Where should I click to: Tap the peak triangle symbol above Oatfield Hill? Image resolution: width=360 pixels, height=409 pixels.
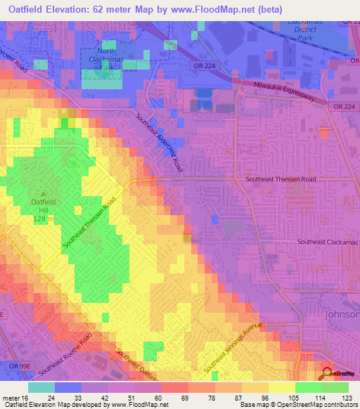(x=44, y=195)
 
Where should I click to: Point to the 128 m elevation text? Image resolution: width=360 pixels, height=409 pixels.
(x=44, y=219)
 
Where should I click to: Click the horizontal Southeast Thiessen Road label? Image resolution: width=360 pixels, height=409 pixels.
(x=281, y=180)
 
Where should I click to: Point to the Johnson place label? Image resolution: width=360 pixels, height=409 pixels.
(x=342, y=314)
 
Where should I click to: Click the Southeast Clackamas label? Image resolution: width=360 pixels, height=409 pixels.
(x=328, y=242)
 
